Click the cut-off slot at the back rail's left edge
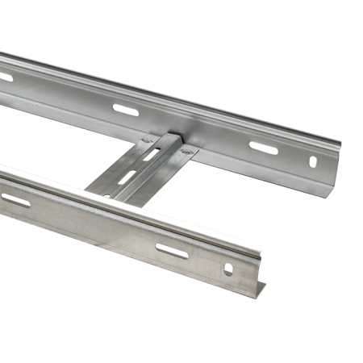5,77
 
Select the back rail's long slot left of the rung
125,109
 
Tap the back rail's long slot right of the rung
263,148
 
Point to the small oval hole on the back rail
313,162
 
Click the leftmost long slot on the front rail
15,199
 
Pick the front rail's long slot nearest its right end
172,251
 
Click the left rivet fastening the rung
147,141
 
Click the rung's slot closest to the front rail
127,176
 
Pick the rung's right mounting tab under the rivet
188,153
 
